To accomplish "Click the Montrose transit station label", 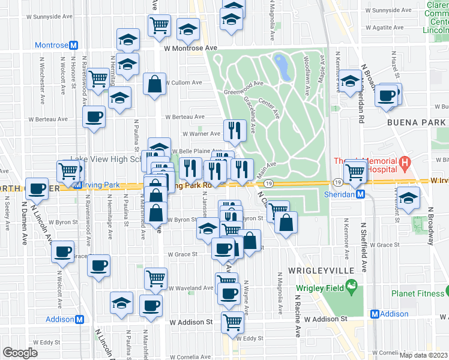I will click(x=53, y=46).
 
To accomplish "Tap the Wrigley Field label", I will click(x=321, y=289).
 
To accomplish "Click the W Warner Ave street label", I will click(x=202, y=134).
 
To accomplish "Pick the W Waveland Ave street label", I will click(x=191, y=288).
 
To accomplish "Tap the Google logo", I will click(x=20, y=353).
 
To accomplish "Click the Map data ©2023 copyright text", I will click(x=424, y=355).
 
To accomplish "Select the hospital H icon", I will click(x=405, y=163).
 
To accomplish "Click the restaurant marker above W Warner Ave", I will click(x=235, y=130).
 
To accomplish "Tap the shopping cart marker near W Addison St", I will click(x=232, y=322).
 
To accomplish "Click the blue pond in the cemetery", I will click(x=282, y=67).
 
